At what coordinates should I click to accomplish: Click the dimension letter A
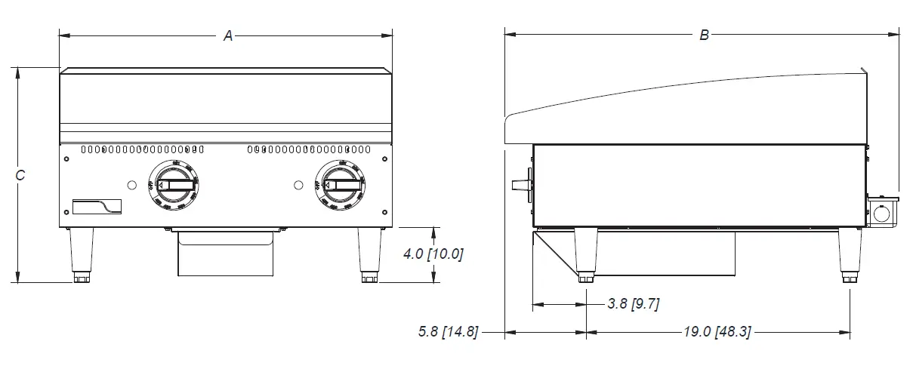pos(227,35)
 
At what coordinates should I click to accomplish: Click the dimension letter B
pos(704,35)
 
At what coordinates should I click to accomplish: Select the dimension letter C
pos(20,175)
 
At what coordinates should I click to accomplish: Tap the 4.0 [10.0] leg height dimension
pos(433,254)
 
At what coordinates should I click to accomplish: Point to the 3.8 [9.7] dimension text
pos(634,304)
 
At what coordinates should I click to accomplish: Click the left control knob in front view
pos(174,185)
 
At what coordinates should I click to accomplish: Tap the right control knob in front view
pos(338,185)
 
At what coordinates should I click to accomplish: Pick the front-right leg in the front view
pos(370,254)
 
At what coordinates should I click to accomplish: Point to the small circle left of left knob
pos(132,185)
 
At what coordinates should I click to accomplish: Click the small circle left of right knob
pos(298,185)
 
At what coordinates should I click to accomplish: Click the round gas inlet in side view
pos(881,214)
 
